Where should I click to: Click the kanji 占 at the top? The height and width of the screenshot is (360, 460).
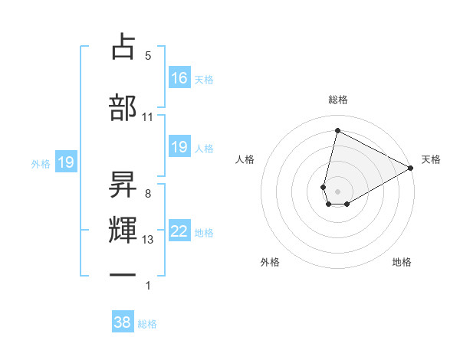tap(123, 47)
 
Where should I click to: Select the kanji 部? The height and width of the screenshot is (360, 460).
tap(123, 108)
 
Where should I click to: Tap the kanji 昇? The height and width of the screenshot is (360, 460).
tap(123, 185)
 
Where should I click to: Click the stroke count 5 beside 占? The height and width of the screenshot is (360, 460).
tap(148, 56)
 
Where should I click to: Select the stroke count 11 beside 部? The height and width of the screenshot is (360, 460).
tap(148, 117)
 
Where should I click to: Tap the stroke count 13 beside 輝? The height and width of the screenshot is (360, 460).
tap(148, 240)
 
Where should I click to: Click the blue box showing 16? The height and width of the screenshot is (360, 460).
tap(179, 78)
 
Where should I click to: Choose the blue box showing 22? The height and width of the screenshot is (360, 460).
tap(179, 231)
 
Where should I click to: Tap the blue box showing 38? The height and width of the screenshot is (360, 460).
tap(123, 322)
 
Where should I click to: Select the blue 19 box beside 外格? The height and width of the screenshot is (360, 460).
tap(66, 162)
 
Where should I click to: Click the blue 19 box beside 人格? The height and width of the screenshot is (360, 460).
tap(179, 147)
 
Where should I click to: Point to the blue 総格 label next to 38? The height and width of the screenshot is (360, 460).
tap(147, 324)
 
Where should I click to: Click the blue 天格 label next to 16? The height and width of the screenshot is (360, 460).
tap(204, 80)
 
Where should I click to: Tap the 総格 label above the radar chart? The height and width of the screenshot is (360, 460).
tap(338, 100)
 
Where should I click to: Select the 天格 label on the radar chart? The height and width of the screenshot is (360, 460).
tap(431, 159)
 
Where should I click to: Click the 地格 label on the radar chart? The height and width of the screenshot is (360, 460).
tap(402, 263)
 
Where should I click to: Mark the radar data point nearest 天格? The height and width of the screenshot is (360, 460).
tap(411, 169)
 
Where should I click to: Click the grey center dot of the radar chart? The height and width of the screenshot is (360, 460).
tap(338, 191)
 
